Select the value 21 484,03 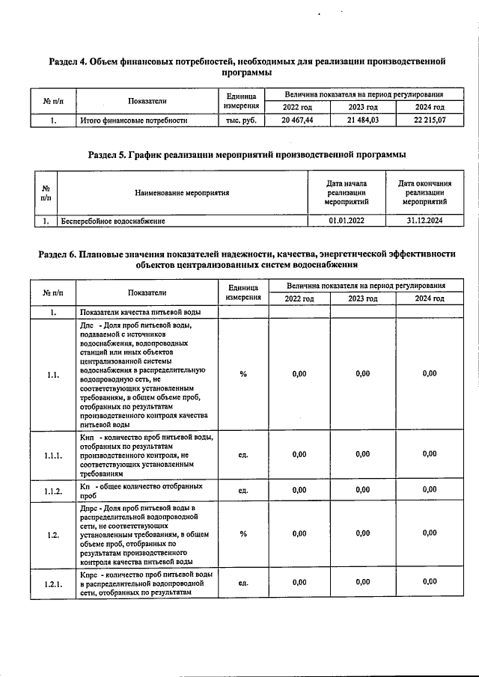pos(363,120)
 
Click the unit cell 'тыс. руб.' pos(242,120)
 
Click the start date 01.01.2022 pos(347,221)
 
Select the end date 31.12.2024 pos(424,221)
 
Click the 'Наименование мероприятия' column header pos(182,193)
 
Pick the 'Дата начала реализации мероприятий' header pos(347,193)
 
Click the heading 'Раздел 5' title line pos(247,155)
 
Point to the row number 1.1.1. pos(52,454)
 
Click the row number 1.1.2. pos(52,490)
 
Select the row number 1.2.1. pos(52,582)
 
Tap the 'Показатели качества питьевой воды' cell pos(139,312)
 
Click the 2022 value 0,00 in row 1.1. pos(299,374)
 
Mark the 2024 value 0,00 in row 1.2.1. pos(429,582)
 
